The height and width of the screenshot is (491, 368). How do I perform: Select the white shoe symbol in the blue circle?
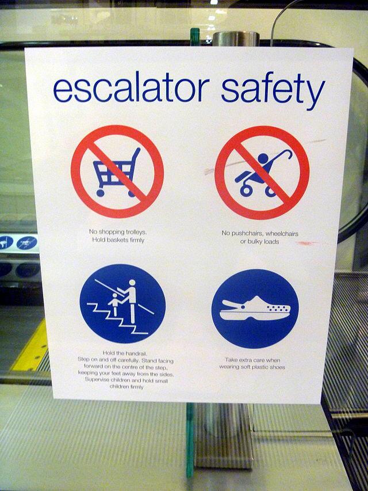click(x=255, y=309)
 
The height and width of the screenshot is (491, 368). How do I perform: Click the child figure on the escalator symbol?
click(x=114, y=304)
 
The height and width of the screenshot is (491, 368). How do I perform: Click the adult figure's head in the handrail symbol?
click(x=132, y=283)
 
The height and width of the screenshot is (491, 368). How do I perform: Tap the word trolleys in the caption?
click(x=136, y=232)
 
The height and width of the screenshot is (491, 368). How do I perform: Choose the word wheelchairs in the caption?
click(x=282, y=234)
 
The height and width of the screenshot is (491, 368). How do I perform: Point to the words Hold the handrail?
click(x=125, y=353)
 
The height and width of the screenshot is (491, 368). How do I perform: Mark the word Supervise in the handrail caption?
click(x=97, y=380)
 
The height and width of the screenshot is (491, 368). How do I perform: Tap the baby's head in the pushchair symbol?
click(x=263, y=158)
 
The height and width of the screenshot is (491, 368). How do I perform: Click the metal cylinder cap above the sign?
click(x=236, y=39)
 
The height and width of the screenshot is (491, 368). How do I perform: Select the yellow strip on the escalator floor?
click(x=30, y=348)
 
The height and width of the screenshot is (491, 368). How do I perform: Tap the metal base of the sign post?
click(x=224, y=435)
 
